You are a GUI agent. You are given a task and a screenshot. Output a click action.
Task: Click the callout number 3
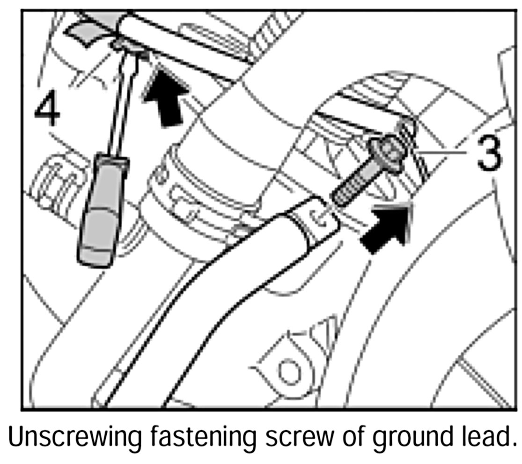pyautogui.click(x=489, y=152)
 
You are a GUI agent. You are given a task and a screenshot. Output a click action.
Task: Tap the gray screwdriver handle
pyautogui.click(x=99, y=216)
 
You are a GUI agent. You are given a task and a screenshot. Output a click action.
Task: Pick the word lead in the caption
pyautogui.click(x=487, y=438)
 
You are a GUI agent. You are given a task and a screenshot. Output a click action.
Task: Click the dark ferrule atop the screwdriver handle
pyautogui.click(x=112, y=162)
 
